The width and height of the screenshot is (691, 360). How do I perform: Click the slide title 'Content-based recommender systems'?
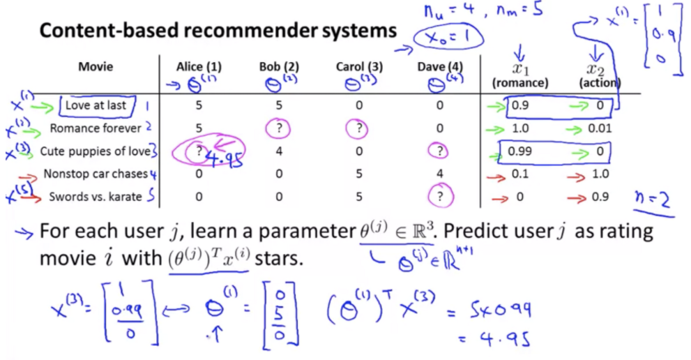tap(218, 31)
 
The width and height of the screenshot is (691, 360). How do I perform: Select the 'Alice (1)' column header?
tap(199, 67)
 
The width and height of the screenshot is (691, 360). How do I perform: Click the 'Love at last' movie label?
tap(97, 105)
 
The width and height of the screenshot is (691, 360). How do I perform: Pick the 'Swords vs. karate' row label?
tap(96, 197)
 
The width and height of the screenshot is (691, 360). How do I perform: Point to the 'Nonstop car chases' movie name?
tap(96, 174)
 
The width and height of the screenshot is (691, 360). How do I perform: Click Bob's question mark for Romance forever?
tap(279, 128)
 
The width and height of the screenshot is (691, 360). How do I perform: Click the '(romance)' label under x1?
tap(520, 83)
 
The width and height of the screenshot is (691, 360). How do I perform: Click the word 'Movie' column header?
tap(96, 67)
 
